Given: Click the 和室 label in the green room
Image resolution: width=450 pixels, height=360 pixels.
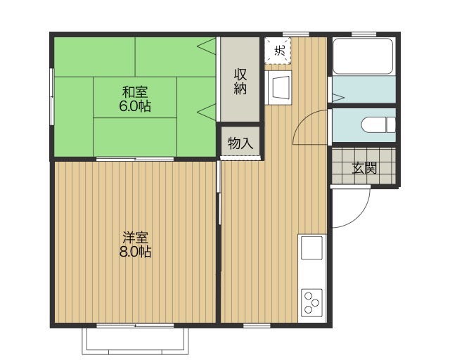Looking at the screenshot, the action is tap(135, 92).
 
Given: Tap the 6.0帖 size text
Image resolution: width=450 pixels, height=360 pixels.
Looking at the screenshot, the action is tap(135, 106).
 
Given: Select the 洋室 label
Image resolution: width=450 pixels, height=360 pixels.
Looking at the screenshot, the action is tap(135, 238).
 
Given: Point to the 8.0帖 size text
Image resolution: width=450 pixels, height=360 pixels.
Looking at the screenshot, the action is tap(135, 252).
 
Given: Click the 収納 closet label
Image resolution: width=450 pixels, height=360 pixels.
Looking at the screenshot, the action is tap(240, 82).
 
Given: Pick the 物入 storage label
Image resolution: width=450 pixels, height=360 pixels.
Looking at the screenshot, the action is tap(240, 143).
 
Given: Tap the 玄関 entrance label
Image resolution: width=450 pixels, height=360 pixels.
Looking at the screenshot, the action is tap(364, 168).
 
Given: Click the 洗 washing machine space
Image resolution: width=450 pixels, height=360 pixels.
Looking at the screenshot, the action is tap(278, 51).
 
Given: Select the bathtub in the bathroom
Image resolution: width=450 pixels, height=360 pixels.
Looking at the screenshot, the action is tap(364, 56).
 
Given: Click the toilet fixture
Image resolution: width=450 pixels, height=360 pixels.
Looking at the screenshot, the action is tap(378, 124).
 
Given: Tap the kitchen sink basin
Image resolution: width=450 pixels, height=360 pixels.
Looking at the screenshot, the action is tap(311, 247).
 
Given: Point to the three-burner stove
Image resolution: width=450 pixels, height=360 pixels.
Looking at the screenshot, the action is tap(311, 302).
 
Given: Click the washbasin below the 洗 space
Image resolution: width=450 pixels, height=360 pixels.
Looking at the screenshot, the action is tap(278, 88).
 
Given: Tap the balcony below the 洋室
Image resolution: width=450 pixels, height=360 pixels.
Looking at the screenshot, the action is tap(135, 341).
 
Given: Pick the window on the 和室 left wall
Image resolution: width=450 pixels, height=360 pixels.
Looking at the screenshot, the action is tap(51, 96).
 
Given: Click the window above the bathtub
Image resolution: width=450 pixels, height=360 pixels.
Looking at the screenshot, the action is tap(364, 34).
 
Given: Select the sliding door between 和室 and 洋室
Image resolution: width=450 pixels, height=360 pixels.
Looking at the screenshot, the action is tap(135, 159).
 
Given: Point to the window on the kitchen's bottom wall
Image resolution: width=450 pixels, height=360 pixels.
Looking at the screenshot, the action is tap(257, 326).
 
